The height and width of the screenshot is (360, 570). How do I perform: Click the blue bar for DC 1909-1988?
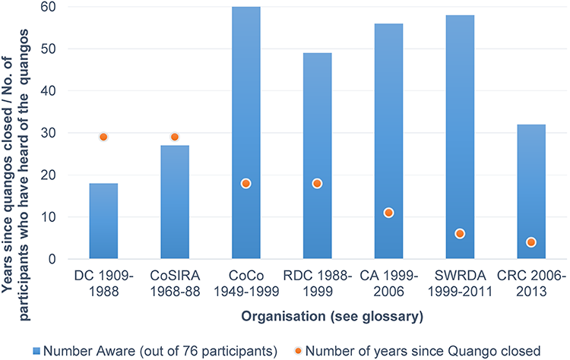pyautogui.click(x=103, y=221)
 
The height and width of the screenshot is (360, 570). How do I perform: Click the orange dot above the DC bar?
pyautogui.click(x=103, y=137)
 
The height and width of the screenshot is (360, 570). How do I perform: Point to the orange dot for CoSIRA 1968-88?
pyautogui.click(x=174, y=137)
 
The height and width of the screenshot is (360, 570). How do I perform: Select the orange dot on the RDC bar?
pyautogui.click(x=317, y=183)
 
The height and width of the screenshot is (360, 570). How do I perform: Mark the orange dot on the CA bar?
pyautogui.click(x=388, y=213)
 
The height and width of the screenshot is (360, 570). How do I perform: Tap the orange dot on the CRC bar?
pyautogui.click(x=531, y=242)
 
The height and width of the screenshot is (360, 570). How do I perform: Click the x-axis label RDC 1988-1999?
pyautogui.click(x=317, y=281)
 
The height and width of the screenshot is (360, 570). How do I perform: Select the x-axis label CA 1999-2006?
pyautogui.click(x=388, y=281)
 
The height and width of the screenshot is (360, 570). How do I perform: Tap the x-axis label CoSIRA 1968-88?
pyautogui.click(x=174, y=281)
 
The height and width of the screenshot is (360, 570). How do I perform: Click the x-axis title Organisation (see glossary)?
pyautogui.click(x=317, y=315)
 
